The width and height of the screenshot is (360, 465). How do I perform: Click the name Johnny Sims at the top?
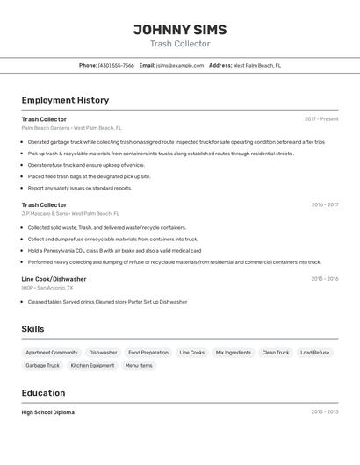coord(180,30)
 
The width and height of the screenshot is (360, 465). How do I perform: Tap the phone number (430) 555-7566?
coord(116,65)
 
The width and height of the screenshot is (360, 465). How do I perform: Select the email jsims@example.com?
coord(180,65)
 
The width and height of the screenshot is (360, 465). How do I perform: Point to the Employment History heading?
coord(65,100)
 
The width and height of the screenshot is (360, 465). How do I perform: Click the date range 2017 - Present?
coord(321,119)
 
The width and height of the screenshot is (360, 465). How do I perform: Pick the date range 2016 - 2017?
coord(324,204)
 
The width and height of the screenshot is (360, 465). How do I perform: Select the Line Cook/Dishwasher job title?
coord(54,279)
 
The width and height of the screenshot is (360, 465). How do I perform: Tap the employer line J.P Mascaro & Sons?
coord(70,213)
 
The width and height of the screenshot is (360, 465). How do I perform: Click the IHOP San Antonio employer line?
coord(47,288)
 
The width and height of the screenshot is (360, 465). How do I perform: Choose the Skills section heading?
coord(33,329)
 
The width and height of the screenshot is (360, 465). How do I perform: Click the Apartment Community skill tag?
coord(52,353)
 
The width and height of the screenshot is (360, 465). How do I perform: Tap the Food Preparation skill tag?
coord(148,353)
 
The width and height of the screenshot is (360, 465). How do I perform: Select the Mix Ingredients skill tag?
coord(233,353)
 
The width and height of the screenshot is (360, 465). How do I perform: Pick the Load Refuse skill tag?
coord(314,353)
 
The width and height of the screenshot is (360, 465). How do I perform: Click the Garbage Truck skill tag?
coord(43,365)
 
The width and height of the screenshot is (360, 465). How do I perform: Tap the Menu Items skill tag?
coord(139,365)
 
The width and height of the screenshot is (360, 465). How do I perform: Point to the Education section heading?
coord(43,393)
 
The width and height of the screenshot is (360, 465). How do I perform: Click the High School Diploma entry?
coord(48,412)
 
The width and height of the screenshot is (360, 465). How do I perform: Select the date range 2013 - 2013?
coord(324,412)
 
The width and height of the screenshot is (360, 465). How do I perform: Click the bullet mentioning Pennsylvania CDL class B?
coord(114,250)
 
